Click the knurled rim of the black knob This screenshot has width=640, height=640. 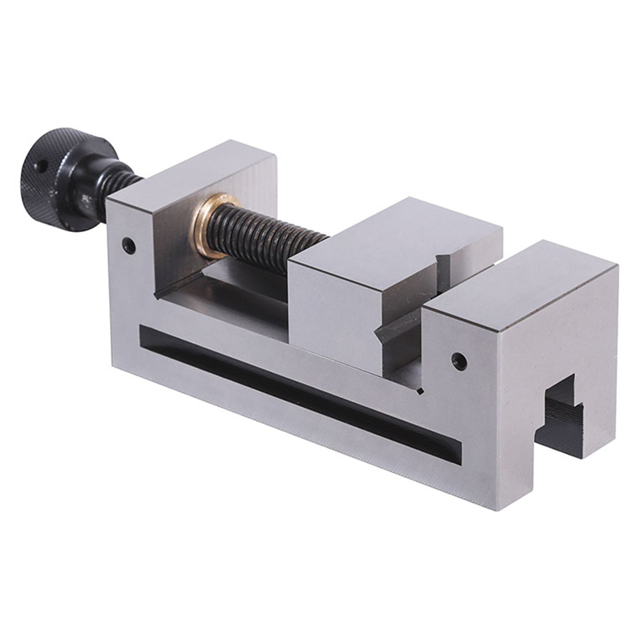click(75, 137)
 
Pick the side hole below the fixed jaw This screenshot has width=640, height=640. click(458, 360)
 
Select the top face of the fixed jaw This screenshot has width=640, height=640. click(525, 280)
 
